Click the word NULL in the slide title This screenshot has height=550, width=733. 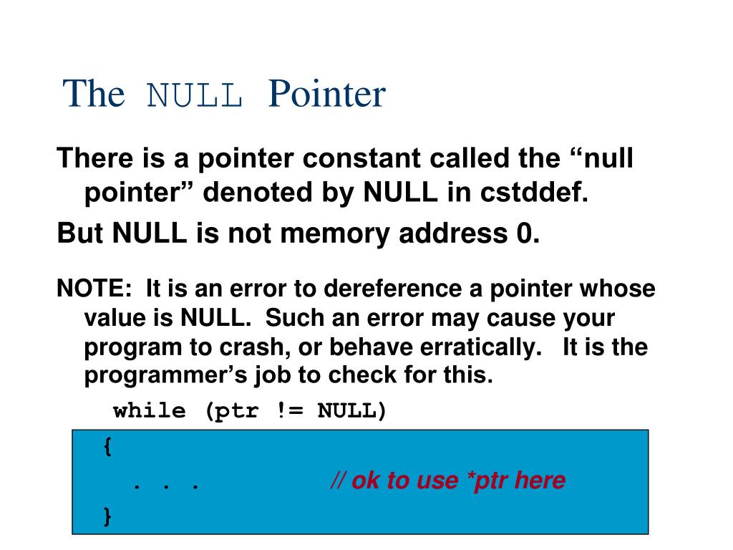coord(195,95)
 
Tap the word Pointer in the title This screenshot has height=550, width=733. coord(327,94)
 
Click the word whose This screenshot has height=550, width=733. coord(617,289)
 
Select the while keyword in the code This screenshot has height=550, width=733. coord(149,411)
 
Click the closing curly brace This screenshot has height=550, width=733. coord(107,516)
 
